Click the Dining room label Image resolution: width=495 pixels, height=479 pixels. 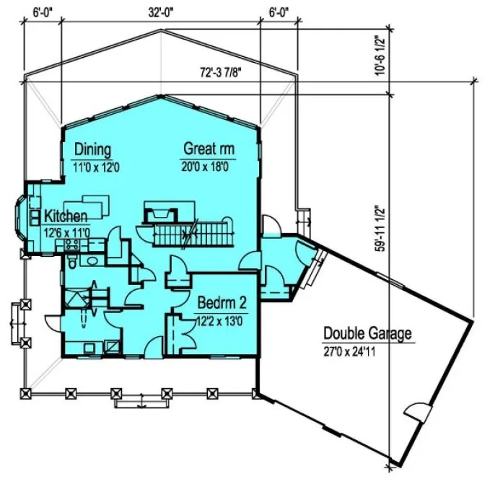93,150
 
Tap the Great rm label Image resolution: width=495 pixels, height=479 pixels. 209,150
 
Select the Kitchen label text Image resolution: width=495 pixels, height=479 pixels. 66,216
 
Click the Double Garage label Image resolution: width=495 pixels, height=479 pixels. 367,334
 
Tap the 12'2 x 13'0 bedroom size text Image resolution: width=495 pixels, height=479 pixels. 220,320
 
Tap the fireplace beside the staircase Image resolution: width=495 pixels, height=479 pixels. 159,213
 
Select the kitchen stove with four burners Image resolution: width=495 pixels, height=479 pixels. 72,246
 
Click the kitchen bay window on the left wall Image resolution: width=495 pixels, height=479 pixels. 22,217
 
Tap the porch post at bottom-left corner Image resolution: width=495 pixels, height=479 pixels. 27,393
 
